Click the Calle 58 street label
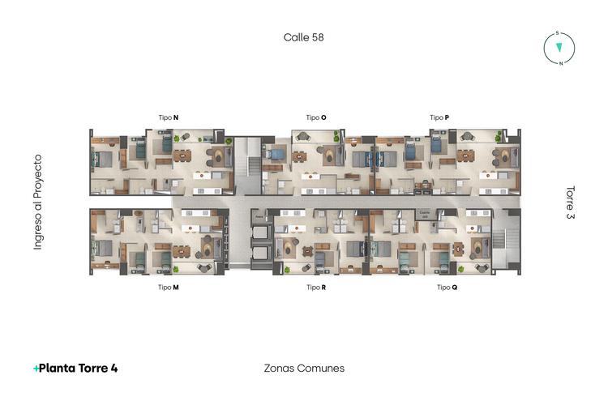pyautogui.click(x=304, y=37)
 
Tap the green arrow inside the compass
pyautogui.click(x=559, y=48)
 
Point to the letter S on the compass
pyautogui.click(x=557, y=33)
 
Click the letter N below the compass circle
pyautogui.click(x=560, y=64)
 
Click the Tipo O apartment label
pyautogui.click(x=316, y=117)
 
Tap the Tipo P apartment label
pyautogui.click(x=439, y=117)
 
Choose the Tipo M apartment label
pyautogui.click(x=169, y=287)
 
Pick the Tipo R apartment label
pyautogui.click(x=316, y=287)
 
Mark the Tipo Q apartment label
pyautogui.click(x=448, y=287)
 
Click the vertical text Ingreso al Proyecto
pyautogui.click(x=37, y=202)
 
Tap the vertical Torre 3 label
pyautogui.click(x=570, y=202)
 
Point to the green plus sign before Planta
pyautogui.click(x=36, y=369)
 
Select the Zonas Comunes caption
pyautogui.click(x=304, y=368)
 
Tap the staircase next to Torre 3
pyautogui.click(x=507, y=241)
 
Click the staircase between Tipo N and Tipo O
pyautogui.click(x=250, y=164)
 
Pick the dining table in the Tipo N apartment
pyautogui.click(x=182, y=155)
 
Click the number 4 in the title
pyautogui.click(x=114, y=368)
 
